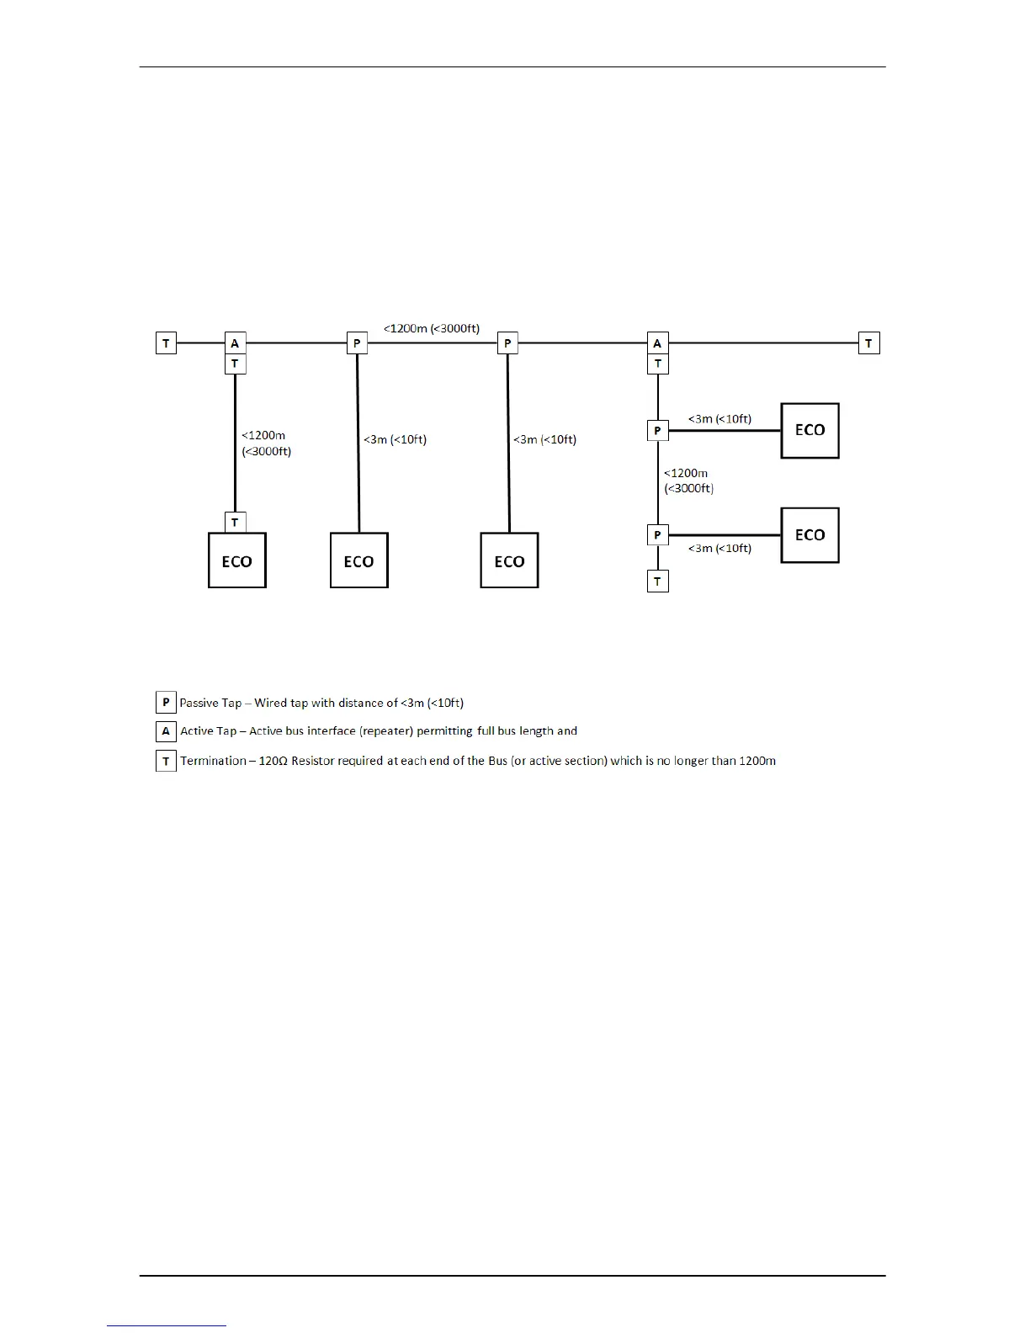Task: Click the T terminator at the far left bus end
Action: click(x=166, y=343)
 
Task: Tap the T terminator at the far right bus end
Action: click(x=868, y=343)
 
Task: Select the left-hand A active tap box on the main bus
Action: click(x=235, y=343)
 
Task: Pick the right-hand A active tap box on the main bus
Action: click(x=657, y=343)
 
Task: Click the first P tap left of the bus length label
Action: click(x=357, y=343)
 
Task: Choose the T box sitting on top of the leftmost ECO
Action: click(x=235, y=523)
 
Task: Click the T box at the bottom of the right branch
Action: click(x=657, y=581)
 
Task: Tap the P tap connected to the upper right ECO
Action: click(x=657, y=431)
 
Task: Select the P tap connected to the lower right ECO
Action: click(x=657, y=535)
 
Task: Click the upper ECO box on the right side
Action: click(x=810, y=431)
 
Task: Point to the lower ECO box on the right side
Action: click(x=810, y=535)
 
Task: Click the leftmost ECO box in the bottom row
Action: click(x=236, y=560)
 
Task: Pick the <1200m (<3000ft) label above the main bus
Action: click(x=432, y=328)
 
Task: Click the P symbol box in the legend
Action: click(x=166, y=702)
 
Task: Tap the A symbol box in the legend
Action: click(x=166, y=731)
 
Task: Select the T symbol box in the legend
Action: click(x=166, y=761)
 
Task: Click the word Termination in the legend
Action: click(x=213, y=761)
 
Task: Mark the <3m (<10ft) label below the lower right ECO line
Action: click(x=719, y=549)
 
